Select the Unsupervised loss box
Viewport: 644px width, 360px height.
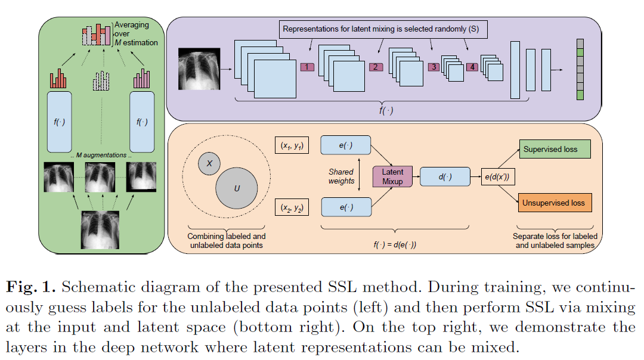coord(555,203)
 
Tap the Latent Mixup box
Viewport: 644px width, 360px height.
coord(392,176)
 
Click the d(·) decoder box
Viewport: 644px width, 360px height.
coord(445,176)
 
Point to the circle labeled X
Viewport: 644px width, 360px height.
coord(209,163)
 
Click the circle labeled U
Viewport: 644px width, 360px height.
coord(237,188)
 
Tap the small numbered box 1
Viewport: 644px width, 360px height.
coord(306,67)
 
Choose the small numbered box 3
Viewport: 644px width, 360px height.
coord(434,67)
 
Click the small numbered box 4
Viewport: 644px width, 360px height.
coord(472,67)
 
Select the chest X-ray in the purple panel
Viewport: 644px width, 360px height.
coord(199,70)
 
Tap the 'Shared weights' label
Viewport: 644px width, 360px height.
coord(341,176)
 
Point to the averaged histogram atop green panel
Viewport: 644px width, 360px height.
coord(97,35)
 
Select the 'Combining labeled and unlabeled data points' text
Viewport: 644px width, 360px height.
coord(227,241)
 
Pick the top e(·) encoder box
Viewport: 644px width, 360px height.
coord(346,145)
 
